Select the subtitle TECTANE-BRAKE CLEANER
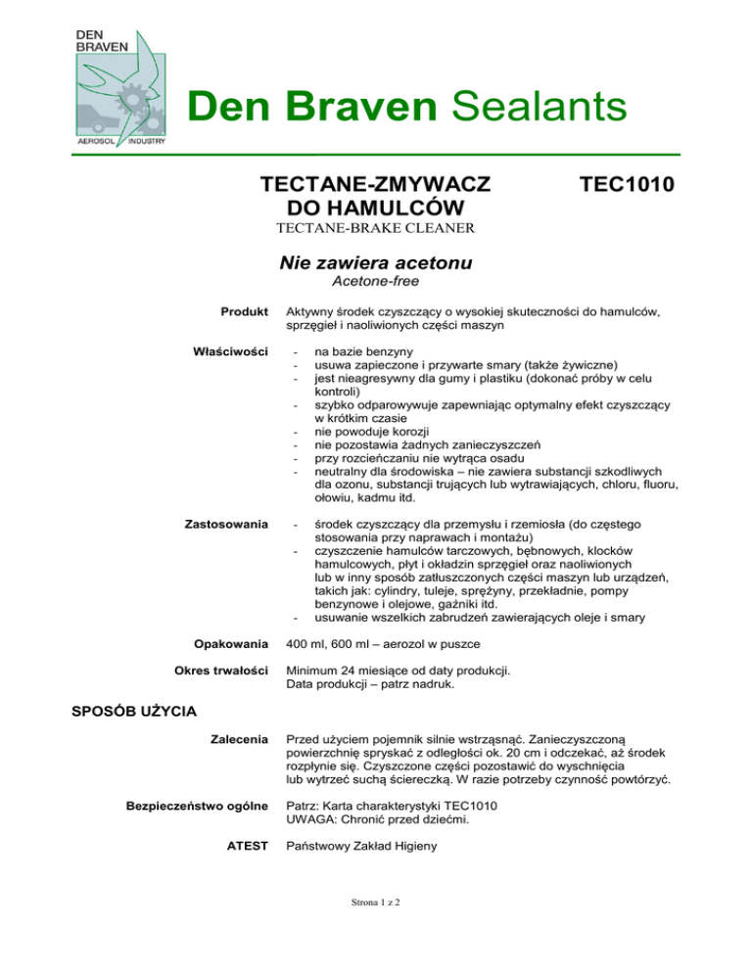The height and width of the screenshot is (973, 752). click(x=376, y=230)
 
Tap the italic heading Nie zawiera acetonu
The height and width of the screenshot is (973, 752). click(x=376, y=262)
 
